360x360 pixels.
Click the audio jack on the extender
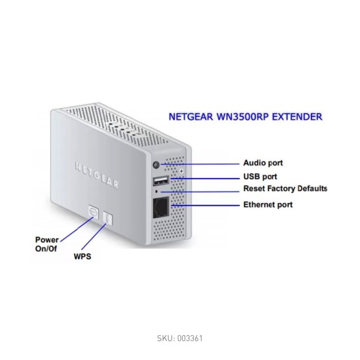pyautogui.click(x=156, y=164)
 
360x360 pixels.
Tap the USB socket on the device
pyautogui.click(x=161, y=181)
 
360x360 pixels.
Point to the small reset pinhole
pyautogui.click(x=156, y=191)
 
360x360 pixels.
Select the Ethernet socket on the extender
pyautogui.click(x=161, y=207)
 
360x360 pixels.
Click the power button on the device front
pyautogui.click(x=94, y=212)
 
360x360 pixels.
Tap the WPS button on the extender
pyautogui.click(x=108, y=218)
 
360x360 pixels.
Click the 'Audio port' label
pyautogui.click(x=263, y=163)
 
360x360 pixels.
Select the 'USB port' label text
pyautogui.click(x=260, y=177)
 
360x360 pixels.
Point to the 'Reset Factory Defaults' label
pyautogui.click(x=285, y=189)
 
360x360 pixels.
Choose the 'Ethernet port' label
pyautogui.click(x=268, y=205)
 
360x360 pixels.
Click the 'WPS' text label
pyautogui.click(x=82, y=256)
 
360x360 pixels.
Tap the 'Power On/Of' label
pyautogui.click(x=46, y=244)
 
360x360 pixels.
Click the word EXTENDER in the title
pyautogui.click(x=297, y=117)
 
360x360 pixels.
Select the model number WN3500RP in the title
pyautogui.click(x=242, y=117)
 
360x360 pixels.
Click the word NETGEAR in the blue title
pyautogui.click(x=190, y=117)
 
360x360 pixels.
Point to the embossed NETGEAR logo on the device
pyautogui.click(x=97, y=175)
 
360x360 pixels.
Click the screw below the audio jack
pyautogui.click(x=181, y=171)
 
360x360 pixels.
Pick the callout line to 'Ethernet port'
pyautogui.click(x=205, y=206)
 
